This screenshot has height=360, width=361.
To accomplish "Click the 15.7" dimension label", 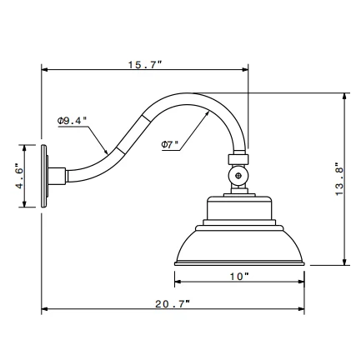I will point(145,64).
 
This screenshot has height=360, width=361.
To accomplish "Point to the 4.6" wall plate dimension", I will point(18,176).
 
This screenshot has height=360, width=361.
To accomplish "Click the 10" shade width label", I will point(240,276).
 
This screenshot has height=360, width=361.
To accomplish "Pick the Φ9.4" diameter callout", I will point(73,122).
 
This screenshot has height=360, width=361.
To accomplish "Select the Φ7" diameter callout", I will point(171,143).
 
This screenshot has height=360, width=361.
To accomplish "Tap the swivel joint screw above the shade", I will point(240,177).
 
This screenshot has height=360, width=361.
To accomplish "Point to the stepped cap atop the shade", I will point(240,213).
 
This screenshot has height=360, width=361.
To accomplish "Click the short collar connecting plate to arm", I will point(60,176).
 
